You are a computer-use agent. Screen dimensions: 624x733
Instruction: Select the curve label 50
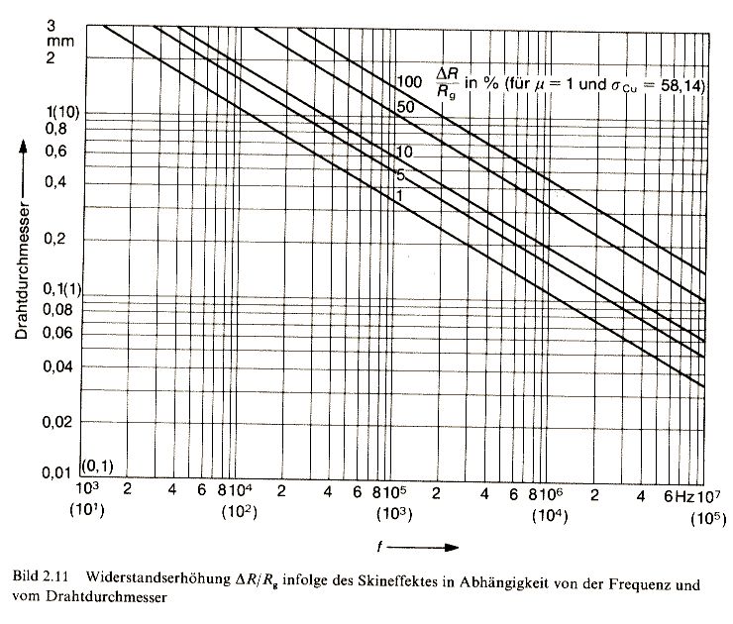coord(404,106)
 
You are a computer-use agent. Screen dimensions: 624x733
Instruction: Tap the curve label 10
coord(404,151)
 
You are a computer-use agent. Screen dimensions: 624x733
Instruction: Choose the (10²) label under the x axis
coord(240,512)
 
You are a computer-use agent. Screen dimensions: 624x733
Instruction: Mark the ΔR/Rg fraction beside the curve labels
coord(456,77)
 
